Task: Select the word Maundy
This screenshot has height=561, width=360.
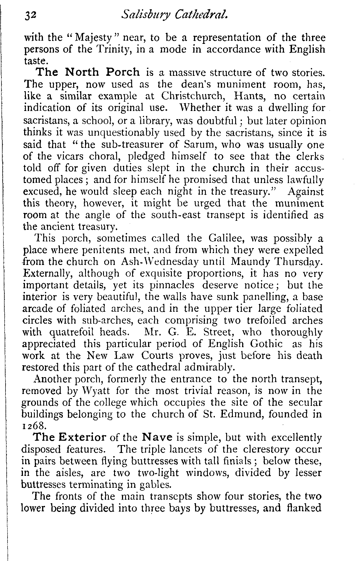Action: [248, 262]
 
